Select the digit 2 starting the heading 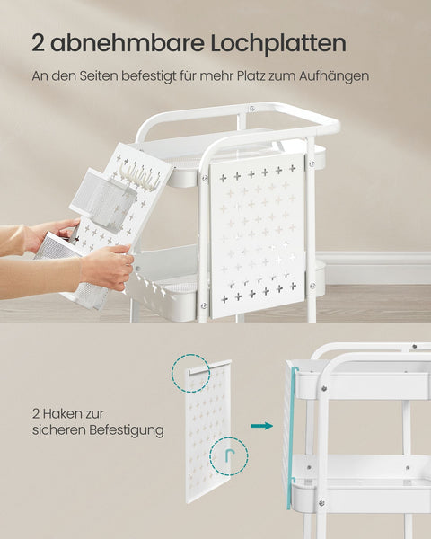click(39, 43)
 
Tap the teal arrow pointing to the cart click(261, 425)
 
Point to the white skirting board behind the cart click(377, 268)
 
